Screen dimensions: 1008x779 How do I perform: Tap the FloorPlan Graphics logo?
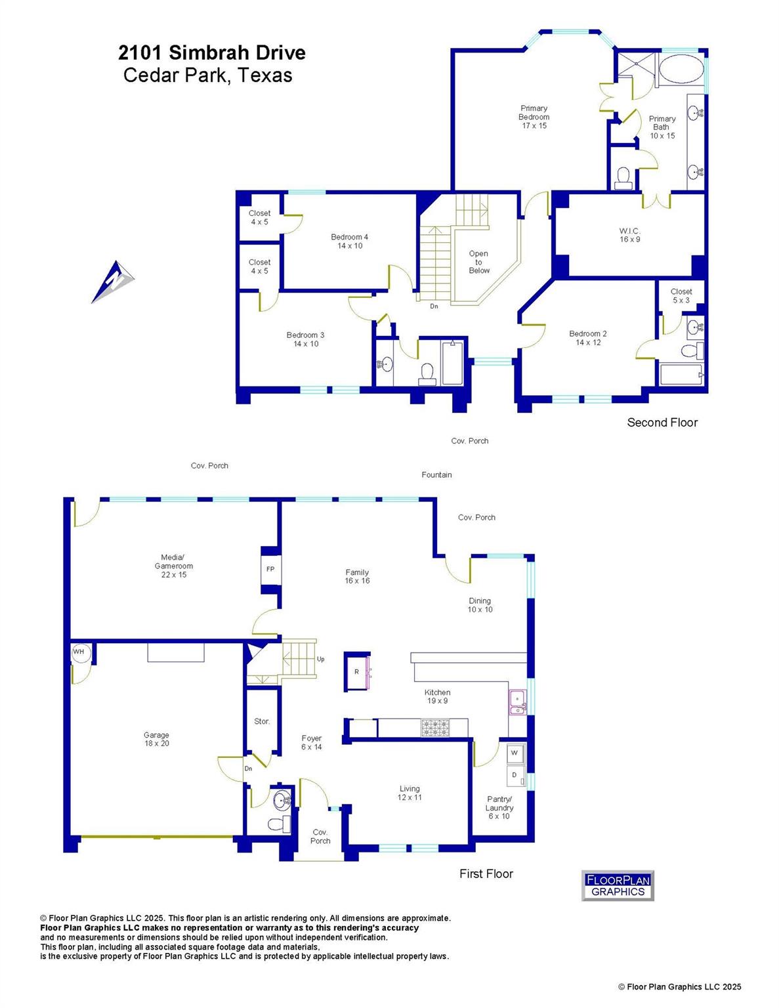pos(618,885)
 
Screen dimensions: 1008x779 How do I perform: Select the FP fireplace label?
pos(270,570)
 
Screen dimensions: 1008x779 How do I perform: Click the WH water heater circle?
pos(79,652)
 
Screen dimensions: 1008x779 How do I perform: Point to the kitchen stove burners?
pos(436,727)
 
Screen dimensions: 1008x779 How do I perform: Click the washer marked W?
pos(514,753)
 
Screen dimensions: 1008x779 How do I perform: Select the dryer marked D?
pos(515,776)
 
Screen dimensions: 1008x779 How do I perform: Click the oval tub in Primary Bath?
pos(680,69)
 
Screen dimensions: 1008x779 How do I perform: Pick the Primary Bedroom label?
pos(534,117)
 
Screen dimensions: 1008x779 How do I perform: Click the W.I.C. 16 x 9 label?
pos(629,235)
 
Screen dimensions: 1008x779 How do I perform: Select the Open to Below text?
pos(478,262)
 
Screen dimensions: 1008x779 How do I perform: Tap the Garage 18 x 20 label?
pos(156,739)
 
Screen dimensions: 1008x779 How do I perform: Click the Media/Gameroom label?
pos(174,566)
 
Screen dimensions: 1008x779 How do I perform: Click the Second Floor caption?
pos(662,423)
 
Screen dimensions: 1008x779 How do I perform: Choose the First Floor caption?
pos(486,873)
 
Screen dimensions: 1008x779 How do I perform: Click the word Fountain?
pos(436,474)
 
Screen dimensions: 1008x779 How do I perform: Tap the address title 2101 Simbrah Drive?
pos(212,52)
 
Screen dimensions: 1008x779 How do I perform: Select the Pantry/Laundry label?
pos(499,807)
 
